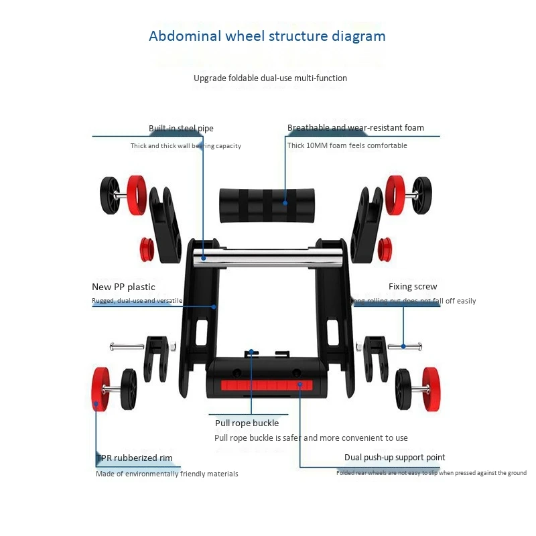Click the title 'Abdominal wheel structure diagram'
267,36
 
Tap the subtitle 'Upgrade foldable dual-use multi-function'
270,78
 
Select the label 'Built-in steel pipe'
181,128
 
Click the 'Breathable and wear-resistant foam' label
355,127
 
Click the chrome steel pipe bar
268,257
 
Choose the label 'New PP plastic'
123,287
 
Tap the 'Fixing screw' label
413,287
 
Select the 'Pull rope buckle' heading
247,423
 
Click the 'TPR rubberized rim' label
134,458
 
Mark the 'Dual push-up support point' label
395,458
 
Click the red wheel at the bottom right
433,388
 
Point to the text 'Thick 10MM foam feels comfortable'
347,145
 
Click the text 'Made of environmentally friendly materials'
167,474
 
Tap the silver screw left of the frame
127,346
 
